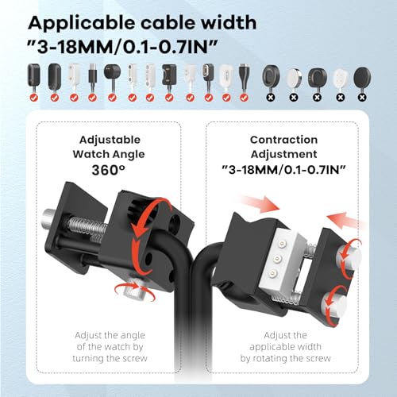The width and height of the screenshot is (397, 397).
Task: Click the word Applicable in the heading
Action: pyautogui.click(x=82, y=24)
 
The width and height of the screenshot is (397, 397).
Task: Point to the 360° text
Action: pyautogui.click(x=108, y=170)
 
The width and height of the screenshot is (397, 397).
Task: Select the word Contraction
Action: pyautogui.click(x=283, y=140)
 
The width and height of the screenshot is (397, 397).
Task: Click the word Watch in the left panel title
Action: pyautogui.click(x=90, y=154)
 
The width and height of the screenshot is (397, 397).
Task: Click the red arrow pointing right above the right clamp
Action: pyautogui.click(x=260, y=204)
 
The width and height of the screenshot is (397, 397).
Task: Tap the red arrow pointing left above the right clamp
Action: pyautogui.click(x=347, y=220)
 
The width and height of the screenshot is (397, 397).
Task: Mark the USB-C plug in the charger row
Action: pyautogui.click(x=92, y=75)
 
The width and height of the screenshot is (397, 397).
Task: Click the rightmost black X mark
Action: pyautogui.click(x=362, y=98)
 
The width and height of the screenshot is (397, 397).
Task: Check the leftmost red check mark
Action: pyautogui.click(x=33, y=98)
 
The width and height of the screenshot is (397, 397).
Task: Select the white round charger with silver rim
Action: pyautogui.click(x=294, y=78)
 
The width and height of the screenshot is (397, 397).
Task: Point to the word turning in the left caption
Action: pyautogui.click(x=88, y=359)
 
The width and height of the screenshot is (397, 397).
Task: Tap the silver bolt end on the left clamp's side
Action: pyautogui.click(x=49, y=217)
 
